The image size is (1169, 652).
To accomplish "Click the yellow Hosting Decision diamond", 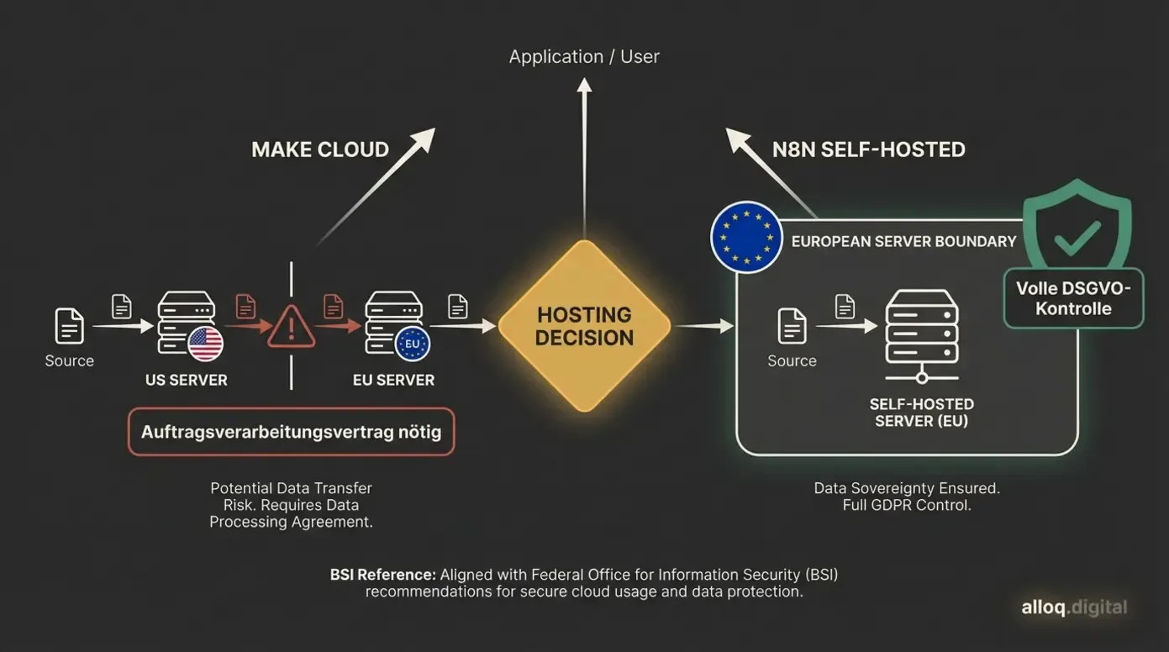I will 584,326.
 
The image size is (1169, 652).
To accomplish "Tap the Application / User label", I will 584,57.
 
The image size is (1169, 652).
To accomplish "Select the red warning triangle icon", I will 291,326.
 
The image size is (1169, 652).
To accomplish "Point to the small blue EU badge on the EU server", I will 412,344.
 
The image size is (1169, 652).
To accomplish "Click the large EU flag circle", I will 746,237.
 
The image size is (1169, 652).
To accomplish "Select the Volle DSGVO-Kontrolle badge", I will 1073,298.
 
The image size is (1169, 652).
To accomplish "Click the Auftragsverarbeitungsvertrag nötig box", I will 291,432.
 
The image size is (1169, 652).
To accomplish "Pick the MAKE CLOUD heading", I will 320,150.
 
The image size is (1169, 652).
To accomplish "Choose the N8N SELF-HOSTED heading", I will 868,150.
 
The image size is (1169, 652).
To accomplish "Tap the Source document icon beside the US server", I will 70,326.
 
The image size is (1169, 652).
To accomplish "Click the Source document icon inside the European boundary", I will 792,326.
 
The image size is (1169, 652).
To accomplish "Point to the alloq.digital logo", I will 1074,607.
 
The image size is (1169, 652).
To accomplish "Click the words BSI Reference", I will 382,576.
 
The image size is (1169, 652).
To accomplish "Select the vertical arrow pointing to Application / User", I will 584,151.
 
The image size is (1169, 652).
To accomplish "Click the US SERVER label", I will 186,380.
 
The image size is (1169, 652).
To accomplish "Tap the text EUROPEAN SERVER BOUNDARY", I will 903,241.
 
